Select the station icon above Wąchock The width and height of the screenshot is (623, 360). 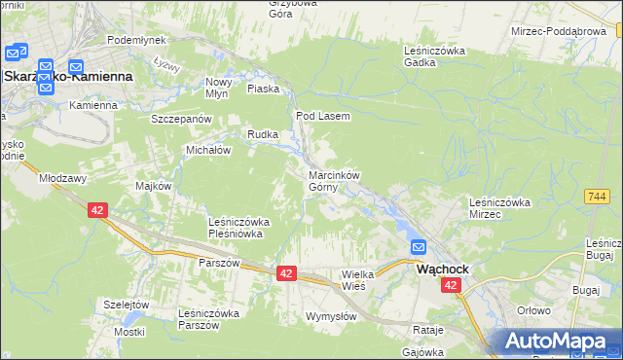pyautogui.click(x=420, y=248)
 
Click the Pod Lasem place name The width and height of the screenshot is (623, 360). pyautogui.click(x=322, y=115)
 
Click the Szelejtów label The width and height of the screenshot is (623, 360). pyautogui.click(x=126, y=305)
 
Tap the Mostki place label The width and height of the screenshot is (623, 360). pyautogui.click(x=128, y=332)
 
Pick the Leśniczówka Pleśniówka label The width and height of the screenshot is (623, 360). pyautogui.click(x=238, y=228)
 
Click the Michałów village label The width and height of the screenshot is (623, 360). pyautogui.click(x=207, y=151)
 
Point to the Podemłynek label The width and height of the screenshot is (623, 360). pyautogui.click(x=136, y=40)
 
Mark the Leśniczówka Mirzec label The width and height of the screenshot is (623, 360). pyautogui.click(x=498, y=207)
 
